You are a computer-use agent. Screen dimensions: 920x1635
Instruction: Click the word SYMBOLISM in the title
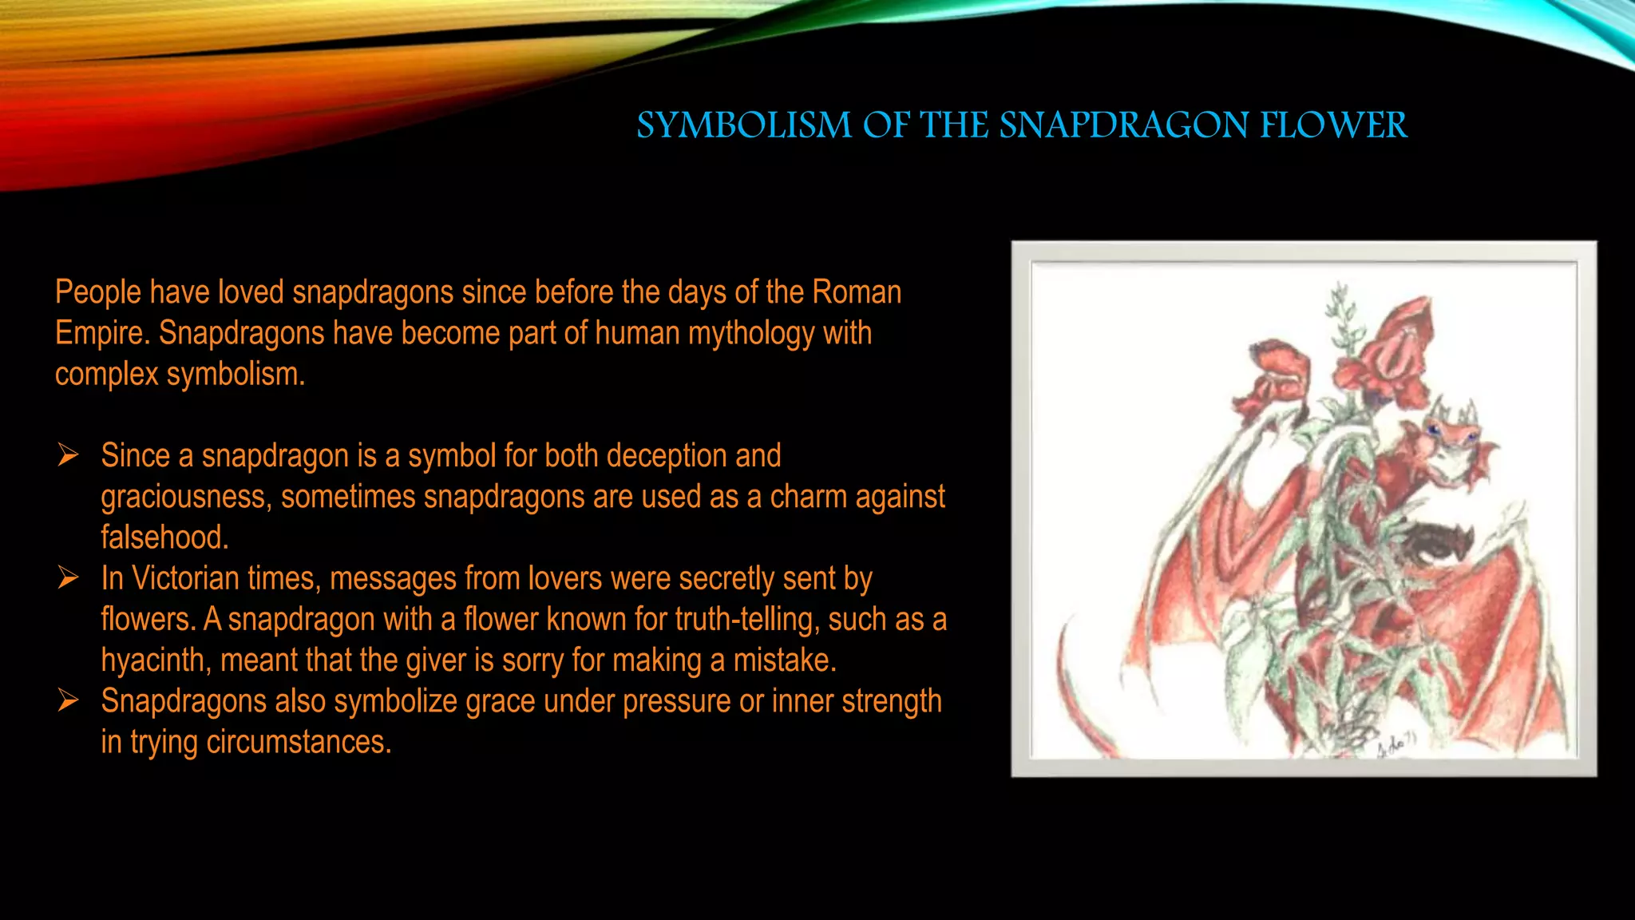744,125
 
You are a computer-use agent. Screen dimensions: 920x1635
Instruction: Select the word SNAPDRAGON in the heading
1125,125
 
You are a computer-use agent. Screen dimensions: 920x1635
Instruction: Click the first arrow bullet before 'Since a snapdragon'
68,455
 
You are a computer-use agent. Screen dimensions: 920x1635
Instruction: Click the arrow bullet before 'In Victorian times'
68,577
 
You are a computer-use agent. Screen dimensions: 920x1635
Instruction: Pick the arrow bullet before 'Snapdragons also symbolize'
68,700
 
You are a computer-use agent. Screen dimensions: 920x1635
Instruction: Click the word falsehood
164,537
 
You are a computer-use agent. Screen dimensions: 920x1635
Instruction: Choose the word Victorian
185,578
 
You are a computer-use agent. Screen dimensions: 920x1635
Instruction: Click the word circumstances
299,742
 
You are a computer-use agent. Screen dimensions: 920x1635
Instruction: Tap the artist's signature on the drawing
1395,744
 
